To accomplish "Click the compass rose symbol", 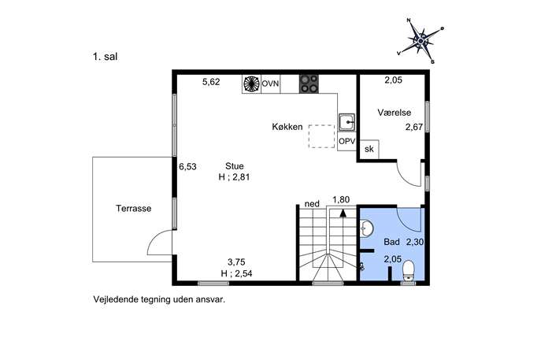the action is coord(421,41).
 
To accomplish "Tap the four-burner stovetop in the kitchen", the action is coord(309,84).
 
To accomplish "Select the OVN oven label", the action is coord(270,84).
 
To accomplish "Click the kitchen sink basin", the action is coord(346,122).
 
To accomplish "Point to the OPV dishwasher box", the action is coord(346,141).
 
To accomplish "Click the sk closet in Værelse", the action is coord(369,149).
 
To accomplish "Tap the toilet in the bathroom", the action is coord(409,271).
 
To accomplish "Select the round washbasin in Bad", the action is coord(366,228).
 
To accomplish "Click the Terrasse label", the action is coord(134,209).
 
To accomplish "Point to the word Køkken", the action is coord(287,127).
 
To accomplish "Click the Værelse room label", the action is coord(395,113).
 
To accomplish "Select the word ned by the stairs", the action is coord(312,204).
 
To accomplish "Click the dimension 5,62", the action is coord(211,82).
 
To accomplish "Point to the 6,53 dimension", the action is coord(187,167).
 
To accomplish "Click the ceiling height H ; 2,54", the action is coord(237,273).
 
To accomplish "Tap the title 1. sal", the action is coord(106,57).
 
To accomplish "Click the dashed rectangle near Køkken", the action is coord(321,136).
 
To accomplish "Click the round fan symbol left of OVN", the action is coord(251,84).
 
